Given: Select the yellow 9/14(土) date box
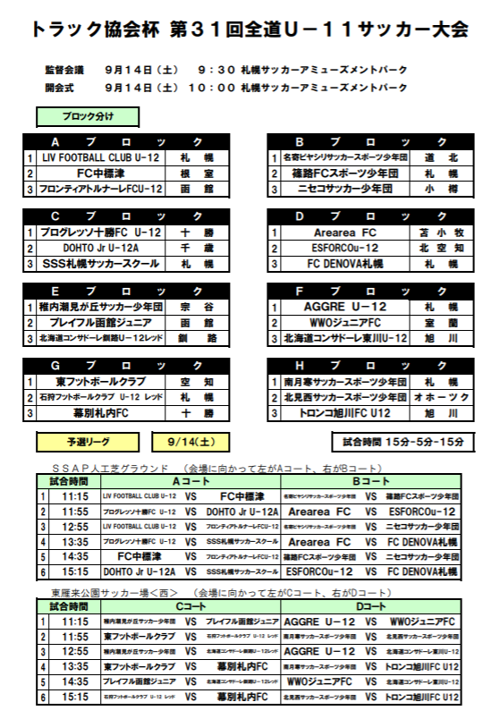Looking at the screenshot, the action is tap(192, 442).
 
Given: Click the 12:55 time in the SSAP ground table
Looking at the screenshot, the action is tap(75, 527).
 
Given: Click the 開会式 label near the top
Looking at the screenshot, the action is tap(61, 88).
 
